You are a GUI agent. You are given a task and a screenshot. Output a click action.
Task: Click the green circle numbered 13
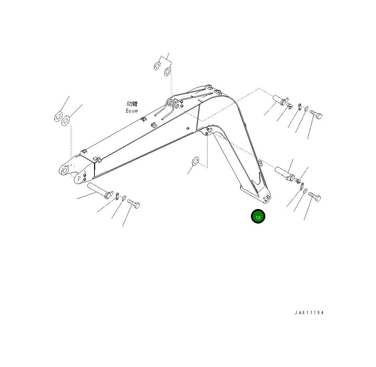[x=258, y=216]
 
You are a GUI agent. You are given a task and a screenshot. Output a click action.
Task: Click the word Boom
[x=132, y=111]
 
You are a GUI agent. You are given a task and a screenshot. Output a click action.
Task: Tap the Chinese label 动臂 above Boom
[x=132, y=104]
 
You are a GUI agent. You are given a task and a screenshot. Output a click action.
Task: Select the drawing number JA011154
[x=309, y=313]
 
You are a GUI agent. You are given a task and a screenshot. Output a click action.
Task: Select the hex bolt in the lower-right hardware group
[x=314, y=196]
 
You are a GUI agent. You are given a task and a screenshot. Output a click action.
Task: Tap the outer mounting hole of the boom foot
[x=64, y=171]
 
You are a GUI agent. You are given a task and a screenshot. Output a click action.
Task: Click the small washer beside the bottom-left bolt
[x=123, y=199]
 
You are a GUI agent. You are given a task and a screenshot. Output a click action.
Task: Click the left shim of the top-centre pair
[x=157, y=66]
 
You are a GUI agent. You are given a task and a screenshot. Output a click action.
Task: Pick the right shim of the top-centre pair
[x=168, y=72]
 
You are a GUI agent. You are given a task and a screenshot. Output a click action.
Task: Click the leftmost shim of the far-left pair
[x=58, y=116]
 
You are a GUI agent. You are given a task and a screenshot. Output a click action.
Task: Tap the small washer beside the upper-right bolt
[x=306, y=108]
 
